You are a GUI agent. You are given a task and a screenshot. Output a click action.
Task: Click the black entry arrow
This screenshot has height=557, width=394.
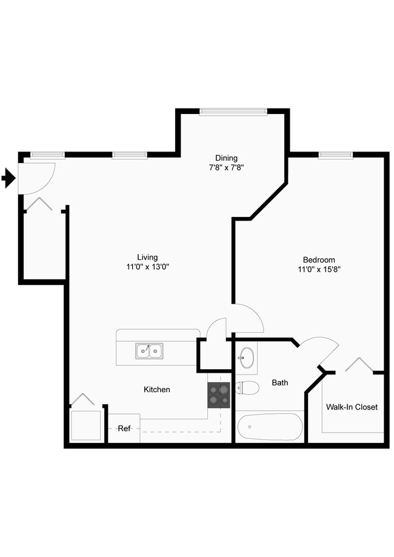(x=8, y=178)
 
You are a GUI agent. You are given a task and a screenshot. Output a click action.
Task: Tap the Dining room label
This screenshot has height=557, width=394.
(x=226, y=158)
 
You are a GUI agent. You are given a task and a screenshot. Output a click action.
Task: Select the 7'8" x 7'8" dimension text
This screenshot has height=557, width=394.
(x=226, y=168)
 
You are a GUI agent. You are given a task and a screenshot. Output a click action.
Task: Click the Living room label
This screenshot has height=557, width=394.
(x=147, y=257)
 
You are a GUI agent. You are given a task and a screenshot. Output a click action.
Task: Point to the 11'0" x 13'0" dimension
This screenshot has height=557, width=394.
(x=147, y=267)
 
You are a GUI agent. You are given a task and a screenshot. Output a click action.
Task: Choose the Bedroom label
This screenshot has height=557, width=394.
(x=319, y=259)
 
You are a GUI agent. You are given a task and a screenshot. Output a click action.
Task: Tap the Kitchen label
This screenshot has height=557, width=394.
(x=156, y=389)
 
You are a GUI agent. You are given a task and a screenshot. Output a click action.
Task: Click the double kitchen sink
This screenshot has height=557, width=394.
(x=149, y=350)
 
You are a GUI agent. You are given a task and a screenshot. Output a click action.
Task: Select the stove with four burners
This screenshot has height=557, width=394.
(x=219, y=395)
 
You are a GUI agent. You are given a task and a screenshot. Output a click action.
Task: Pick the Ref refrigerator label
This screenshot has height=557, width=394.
(x=124, y=429)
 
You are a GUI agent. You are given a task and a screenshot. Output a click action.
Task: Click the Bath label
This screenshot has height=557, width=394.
(x=280, y=382)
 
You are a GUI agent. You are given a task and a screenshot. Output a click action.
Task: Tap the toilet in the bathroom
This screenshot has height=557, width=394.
(x=247, y=387)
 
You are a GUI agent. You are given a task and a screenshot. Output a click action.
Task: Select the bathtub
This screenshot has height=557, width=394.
(x=270, y=427)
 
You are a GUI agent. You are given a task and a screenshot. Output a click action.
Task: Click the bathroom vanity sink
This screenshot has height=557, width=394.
(x=246, y=358)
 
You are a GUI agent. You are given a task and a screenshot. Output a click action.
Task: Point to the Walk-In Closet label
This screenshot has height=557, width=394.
(x=352, y=407)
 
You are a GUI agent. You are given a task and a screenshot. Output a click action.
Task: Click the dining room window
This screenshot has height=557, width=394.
(x=233, y=112)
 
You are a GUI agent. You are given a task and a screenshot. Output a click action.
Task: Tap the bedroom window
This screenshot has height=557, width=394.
(x=336, y=155)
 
